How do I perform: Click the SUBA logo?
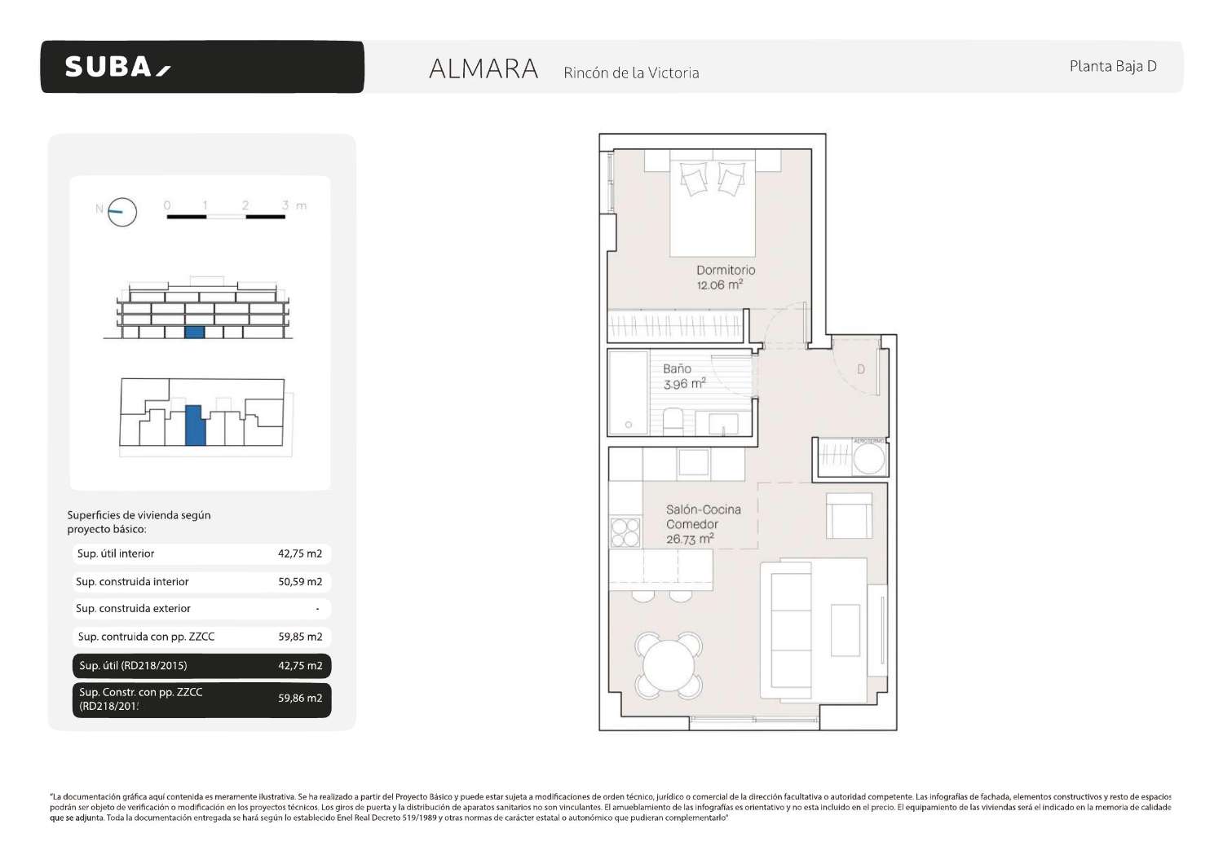(x=117, y=67)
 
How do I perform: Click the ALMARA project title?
(x=483, y=69)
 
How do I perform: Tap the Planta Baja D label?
(x=1112, y=67)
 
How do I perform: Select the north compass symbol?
(x=121, y=212)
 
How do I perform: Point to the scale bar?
(x=226, y=216)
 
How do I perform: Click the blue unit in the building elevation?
(x=194, y=332)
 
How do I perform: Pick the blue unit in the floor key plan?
(x=194, y=425)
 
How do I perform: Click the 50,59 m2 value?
(x=300, y=582)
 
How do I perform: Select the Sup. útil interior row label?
(x=116, y=553)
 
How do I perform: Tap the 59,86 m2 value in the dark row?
(x=300, y=699)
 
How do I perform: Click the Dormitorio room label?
(x=725, y=270)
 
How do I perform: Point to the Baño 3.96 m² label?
(x=683, y=377)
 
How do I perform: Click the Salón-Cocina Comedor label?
(x=703, y=517)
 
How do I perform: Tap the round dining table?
(x=669, y=666)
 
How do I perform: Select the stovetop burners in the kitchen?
(x=625, y=532)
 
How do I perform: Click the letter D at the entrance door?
(x=860, y=369)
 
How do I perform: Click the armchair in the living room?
(x=849, y=515)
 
